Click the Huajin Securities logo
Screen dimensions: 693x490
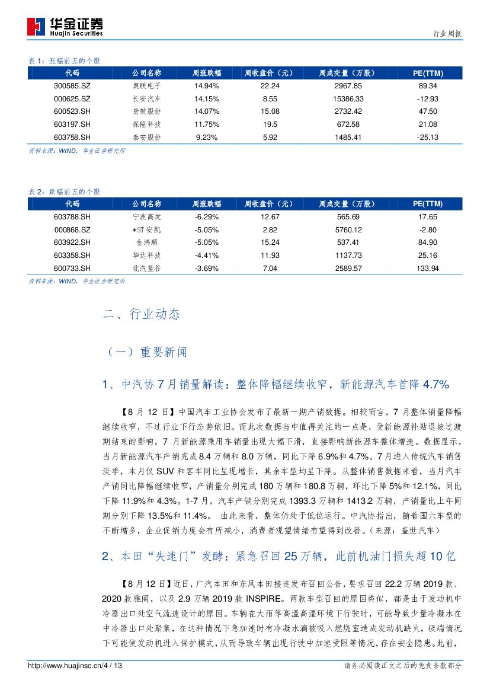[65, 27]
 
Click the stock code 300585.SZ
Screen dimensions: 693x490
[72, 86]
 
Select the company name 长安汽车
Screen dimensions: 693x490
[146, 98]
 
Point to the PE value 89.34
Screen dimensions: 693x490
[427, 86]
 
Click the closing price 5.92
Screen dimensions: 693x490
[270, 137]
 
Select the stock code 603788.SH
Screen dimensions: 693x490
[72, 217]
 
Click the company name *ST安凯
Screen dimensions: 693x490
[146, 229]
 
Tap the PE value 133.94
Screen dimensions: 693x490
[427, 268]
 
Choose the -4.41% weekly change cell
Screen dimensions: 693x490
[207, 256]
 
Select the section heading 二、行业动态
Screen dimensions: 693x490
[142, 315]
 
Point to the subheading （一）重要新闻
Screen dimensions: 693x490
[146, 352]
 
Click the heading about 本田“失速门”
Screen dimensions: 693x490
[279, 557]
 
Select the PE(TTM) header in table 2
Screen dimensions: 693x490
[427, 204]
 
